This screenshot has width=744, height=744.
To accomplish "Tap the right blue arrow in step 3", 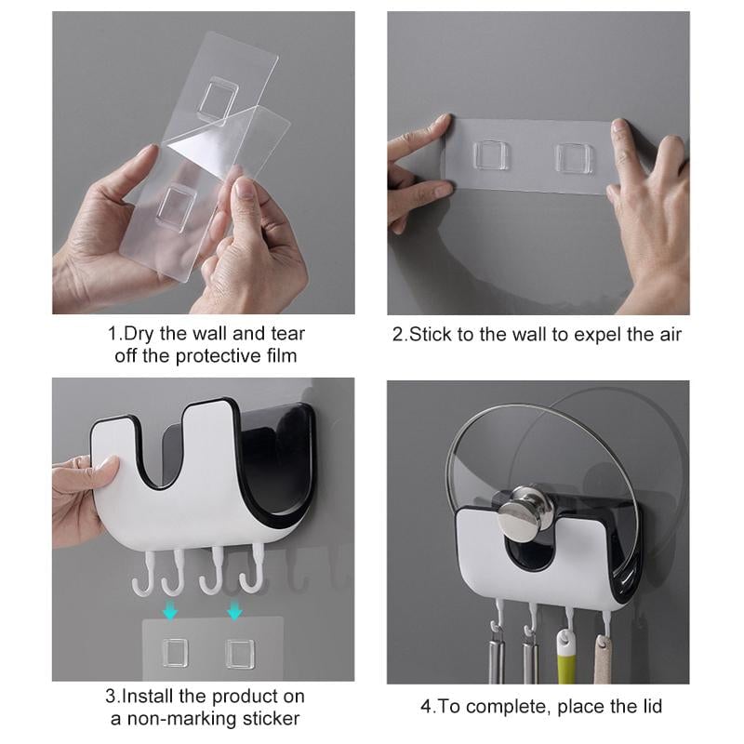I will tap(234, 611).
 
